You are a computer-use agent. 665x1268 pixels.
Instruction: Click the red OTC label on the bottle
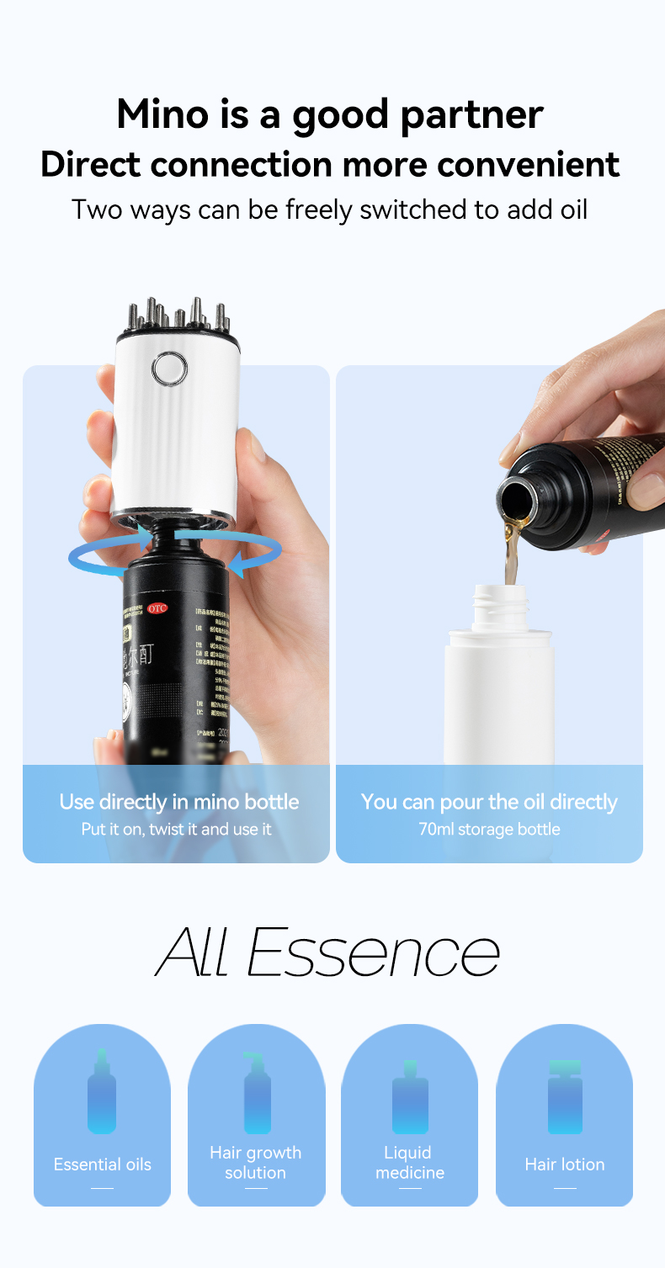(x=157, y=608)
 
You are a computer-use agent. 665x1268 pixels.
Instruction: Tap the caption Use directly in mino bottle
(x=178, y=802)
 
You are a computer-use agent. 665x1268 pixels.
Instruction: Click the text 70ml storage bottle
(x=489, y=829)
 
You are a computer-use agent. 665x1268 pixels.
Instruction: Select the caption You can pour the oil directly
(x=489, y=802)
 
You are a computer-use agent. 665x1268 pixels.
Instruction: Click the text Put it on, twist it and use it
(x=176, y=829)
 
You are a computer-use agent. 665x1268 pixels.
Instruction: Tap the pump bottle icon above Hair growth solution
(x=256, y=1093)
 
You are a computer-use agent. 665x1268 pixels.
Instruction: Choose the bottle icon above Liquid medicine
(x=410, y=1097)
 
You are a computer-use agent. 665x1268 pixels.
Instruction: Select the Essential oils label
(x=103, y=1165)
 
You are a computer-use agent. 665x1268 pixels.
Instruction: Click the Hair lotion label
(x=565, y=1165)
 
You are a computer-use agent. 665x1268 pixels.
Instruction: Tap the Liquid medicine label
(x=409, y=1163)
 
